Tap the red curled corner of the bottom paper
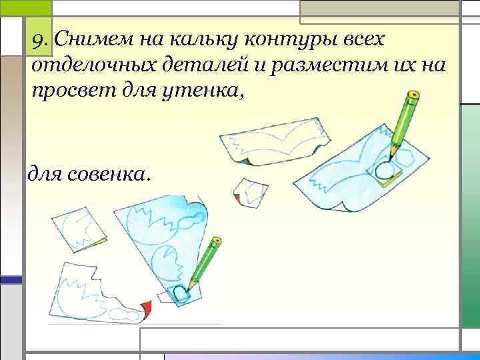coord(147,308)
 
